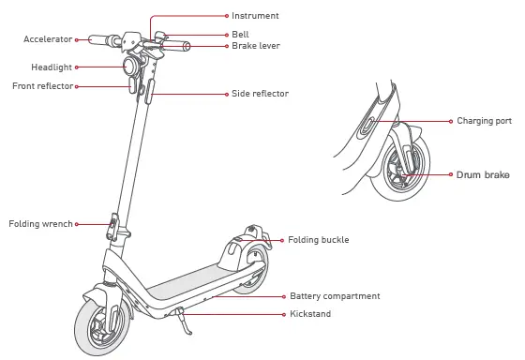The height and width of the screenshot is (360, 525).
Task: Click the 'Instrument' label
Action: [x=255, y=16]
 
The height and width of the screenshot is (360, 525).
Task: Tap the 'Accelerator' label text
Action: [x=48, y=39]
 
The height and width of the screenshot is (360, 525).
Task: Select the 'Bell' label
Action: [x=240, y=34]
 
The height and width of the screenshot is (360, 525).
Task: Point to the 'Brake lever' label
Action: [x=256, y=45]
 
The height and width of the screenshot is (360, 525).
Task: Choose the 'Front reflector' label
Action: [x=42, y=86]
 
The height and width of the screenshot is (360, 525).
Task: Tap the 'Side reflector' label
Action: [x=260, y=94]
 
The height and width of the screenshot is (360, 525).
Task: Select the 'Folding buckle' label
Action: [x=318, y=240]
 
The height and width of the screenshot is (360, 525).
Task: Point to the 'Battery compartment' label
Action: [x=335, y=296]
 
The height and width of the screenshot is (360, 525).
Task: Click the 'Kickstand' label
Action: [x=310, y=314]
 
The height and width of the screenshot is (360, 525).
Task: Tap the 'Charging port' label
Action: [x=484, y=121]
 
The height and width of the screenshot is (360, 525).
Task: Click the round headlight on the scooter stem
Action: [x=127, y=67]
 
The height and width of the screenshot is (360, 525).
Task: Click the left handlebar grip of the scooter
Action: [x=97, y=40]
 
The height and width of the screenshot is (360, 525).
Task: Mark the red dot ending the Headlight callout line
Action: [x=78, y=67]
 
